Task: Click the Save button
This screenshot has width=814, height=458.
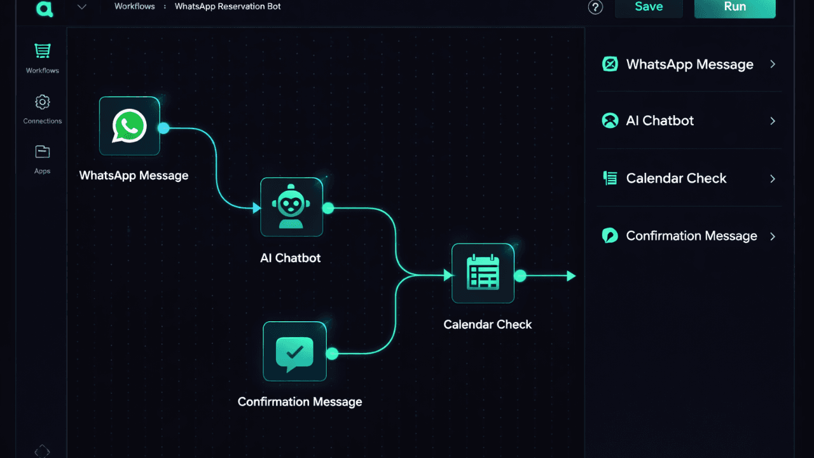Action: [648, 7]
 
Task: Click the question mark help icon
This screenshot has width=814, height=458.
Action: [595, 7]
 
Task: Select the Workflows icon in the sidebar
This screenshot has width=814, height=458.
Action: [43, 52]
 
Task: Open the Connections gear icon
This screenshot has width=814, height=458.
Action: [43, 102]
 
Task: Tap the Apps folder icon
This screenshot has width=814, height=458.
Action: [43, 151]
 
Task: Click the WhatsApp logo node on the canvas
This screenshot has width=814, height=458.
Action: [129, 126]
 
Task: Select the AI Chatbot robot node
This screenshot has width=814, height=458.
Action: [291, 207]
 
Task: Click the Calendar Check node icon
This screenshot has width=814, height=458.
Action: [483, 273]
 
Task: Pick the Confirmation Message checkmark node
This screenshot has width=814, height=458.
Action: [294, 351]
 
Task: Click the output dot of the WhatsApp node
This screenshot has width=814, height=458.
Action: [163, 128]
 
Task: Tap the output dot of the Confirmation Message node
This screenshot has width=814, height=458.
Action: [331, 354]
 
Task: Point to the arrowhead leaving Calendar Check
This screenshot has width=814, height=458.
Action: [571, 276]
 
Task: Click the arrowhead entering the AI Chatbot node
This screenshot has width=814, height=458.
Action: [256, 208]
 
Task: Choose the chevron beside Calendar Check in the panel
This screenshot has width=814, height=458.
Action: [773, 179]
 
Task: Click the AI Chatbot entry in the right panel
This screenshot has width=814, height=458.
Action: [659, 121]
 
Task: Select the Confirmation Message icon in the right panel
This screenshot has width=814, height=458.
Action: [610, 236]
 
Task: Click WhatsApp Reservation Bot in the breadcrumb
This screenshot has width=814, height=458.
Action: [228, 6]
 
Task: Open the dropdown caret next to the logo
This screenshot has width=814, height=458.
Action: [81, 7]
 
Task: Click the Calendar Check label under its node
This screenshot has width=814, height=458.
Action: [487, 324]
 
